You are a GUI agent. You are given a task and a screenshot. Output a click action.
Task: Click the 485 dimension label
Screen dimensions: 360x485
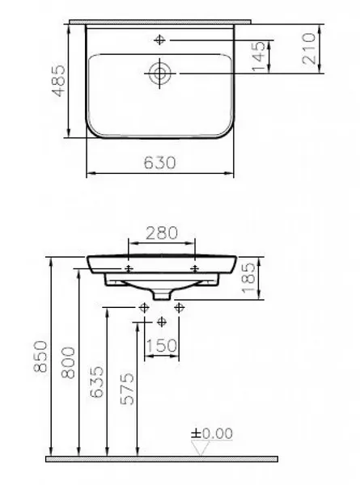click(58, 81)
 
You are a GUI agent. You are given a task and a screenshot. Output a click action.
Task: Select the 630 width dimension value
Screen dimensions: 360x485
click(159, 162)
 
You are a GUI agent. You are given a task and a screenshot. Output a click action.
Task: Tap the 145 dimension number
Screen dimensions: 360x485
click(259, 57)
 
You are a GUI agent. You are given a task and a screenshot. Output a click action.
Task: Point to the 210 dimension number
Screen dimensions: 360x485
click(308, 48)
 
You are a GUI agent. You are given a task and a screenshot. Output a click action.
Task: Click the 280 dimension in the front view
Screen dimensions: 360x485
click(162, 234)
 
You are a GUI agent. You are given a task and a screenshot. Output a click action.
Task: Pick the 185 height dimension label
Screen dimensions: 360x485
click(248, 278)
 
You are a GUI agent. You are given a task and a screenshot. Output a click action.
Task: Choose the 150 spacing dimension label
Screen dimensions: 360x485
click(161, 345)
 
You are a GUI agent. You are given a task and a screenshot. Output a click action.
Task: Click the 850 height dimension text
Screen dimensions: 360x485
click(40, 356)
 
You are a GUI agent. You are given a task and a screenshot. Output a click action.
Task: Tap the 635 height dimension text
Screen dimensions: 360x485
click(96, 382)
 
